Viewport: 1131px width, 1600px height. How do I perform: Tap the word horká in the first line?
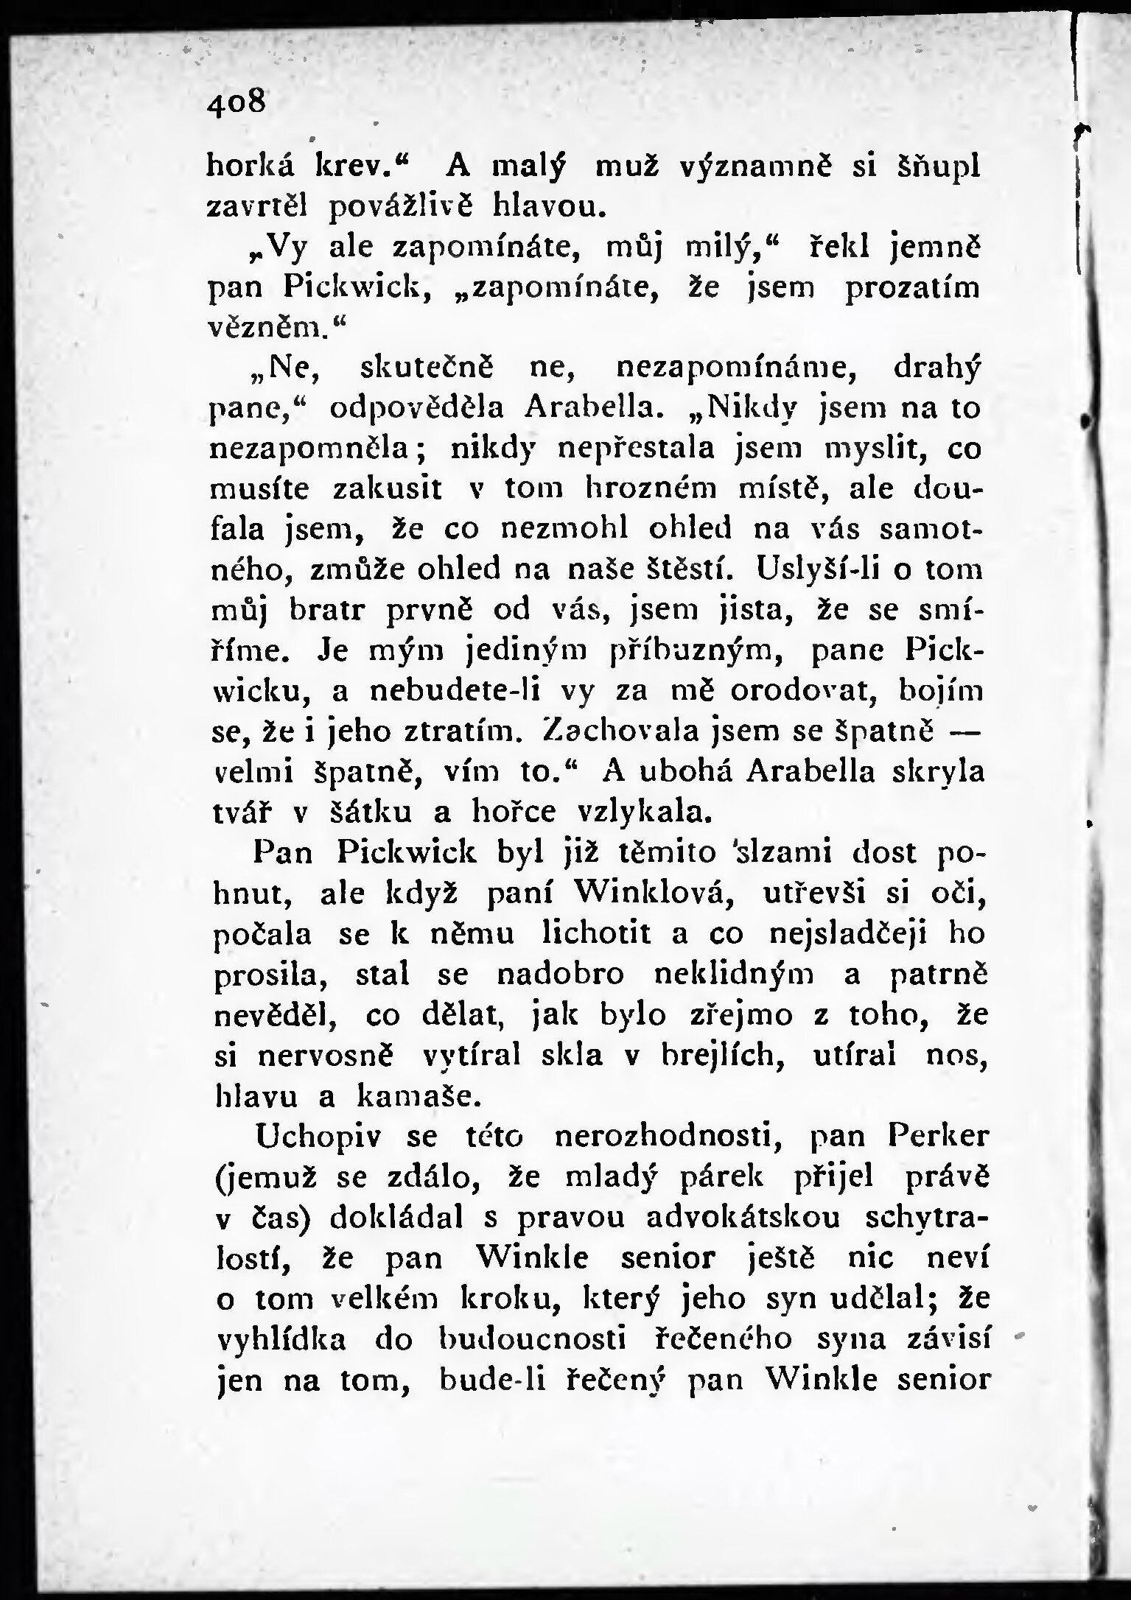click(x=251, y=167)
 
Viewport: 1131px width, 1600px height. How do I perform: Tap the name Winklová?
click(x=649, y=893)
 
